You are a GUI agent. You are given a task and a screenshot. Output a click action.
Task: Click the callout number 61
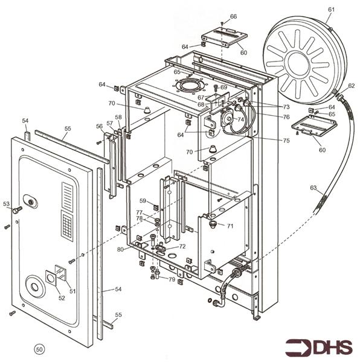(330, 10)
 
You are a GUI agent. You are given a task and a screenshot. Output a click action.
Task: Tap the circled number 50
(39, 348)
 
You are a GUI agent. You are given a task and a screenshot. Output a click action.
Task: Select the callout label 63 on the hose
(313, 188)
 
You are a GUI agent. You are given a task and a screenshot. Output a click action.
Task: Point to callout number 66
(233, 16)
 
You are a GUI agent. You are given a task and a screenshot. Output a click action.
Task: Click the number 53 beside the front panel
(7, 205)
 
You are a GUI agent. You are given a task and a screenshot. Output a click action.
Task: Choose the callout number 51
(72, 291)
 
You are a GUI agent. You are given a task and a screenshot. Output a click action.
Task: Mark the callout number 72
(182, 247)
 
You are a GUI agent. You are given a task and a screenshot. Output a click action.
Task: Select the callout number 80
(120, 249)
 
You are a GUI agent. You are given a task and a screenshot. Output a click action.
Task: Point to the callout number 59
(143, 201)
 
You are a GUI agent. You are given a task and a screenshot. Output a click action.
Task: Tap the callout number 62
(351, 86)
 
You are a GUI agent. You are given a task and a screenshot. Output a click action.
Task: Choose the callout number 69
(223, 87)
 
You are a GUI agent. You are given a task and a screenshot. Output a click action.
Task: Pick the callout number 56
(99, 126)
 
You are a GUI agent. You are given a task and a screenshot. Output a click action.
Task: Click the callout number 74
(240, 119)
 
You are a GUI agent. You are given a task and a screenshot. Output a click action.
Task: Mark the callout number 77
(139, 212)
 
